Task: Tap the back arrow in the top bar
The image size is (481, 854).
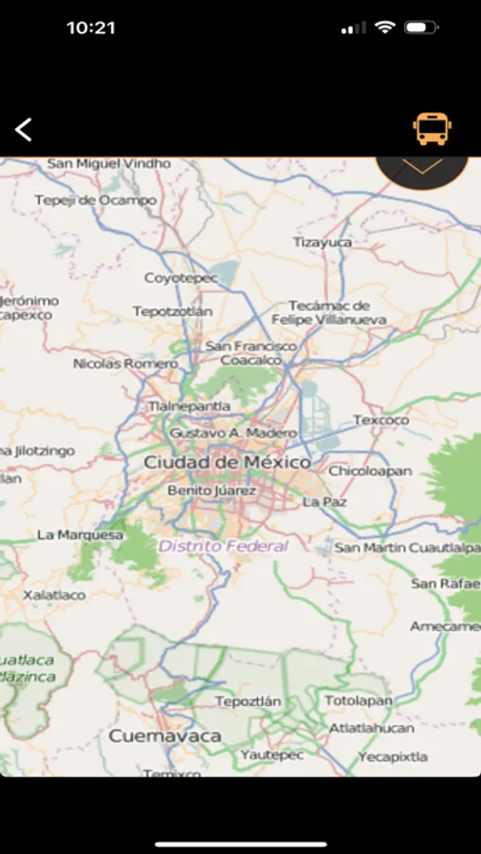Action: [x=24, y=130]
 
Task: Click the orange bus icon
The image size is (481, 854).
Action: [x=432, y=129]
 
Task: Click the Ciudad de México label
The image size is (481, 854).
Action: [x=227, y=462]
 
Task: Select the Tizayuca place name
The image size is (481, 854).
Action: [x=322, y=242]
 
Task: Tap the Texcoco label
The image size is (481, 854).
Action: [x=380, y=419]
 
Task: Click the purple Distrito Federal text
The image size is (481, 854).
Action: [x=223, y=546]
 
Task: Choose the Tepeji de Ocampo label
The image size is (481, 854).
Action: [x=95, y=200]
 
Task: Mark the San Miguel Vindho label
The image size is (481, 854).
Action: [x=109, y=163]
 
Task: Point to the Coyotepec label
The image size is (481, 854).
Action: [x=180, y=278]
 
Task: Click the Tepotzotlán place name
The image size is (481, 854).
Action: [x=173, y=311]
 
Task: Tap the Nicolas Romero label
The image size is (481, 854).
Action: [x=125, y=362]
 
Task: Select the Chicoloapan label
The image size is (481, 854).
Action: [x=370, y=470]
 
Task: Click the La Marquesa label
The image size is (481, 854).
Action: [x=80, y=534]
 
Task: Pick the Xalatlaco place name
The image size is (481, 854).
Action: [x=54, y=595]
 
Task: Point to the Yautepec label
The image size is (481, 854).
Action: [x=271, y=755]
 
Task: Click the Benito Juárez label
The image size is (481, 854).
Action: [x=212, y=491]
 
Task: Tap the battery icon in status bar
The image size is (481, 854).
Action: [x=420, y=28]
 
